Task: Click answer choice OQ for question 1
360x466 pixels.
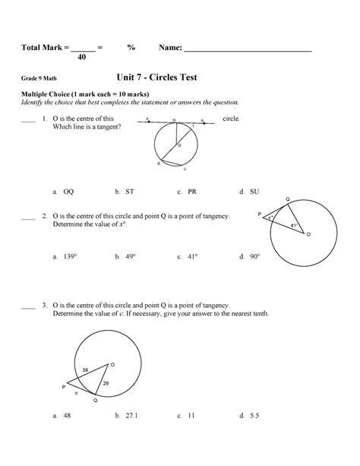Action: point(68,192)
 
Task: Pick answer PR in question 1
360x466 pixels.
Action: point(193,192)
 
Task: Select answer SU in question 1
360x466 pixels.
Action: point(254,192)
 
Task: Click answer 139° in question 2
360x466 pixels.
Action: point(71,257)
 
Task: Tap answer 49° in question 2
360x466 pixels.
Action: point(131,257)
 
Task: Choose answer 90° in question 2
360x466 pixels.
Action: point(255,257)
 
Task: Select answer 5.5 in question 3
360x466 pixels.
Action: point(254,416)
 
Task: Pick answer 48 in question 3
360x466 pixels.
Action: point(68,416)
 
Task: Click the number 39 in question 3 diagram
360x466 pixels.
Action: point(85,370)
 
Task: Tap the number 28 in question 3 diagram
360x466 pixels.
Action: point(106,383)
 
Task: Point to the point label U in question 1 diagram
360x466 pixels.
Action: point(185,169)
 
